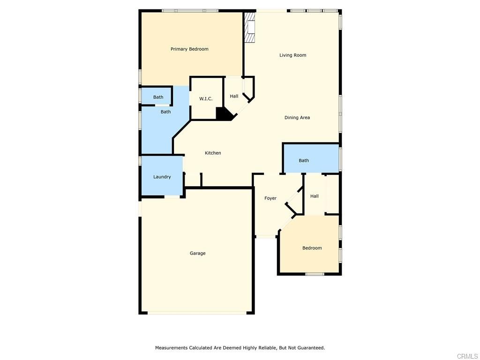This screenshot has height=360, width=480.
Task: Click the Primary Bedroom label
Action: point(189,49)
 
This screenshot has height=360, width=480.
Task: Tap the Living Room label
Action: point(292,55)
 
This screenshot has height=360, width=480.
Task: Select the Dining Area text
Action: point(297,118)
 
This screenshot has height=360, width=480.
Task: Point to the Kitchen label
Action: point(213,153)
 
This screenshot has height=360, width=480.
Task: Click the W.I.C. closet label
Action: point(206,99)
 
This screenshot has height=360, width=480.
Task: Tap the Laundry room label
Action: point(162,177)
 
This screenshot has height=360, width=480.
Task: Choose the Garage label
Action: point(197,254)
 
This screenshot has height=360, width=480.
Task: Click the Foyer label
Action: point(270,198)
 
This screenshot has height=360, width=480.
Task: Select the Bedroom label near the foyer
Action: point(312,248)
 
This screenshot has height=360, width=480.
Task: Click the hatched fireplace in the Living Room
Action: point(250,28)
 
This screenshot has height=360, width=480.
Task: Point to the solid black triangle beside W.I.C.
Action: point(223,114)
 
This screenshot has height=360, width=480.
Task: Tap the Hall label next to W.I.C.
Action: point(234,97)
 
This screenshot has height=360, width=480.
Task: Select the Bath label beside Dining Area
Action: point(304,161)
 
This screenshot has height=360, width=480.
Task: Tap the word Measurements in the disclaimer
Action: point(171,348)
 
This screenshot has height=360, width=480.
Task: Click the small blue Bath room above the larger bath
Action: point(158,97)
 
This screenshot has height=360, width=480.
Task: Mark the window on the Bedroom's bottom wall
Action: point(315,274)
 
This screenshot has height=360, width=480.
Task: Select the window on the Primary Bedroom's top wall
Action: point(190,10)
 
